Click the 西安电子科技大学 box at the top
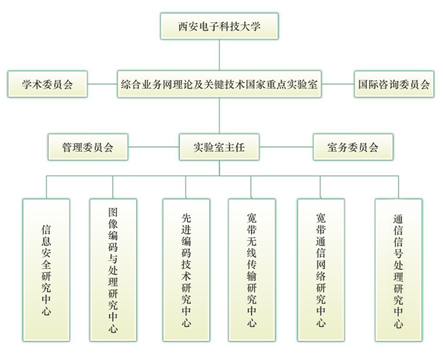(219, 27)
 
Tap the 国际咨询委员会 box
(394, 83)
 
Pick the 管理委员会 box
(88, 147)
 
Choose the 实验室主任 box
(219, 147)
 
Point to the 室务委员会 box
(353, 147)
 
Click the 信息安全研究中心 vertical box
(46, 269)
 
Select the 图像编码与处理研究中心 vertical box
(113, 269)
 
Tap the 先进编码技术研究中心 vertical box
(186, 269)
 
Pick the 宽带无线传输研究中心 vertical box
(252, 269)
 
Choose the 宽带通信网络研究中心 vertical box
(320, 269)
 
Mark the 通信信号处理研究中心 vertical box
(398, 269)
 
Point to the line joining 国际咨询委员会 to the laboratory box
(337, 83)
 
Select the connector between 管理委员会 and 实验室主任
(154, 147)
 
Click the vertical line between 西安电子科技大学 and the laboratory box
(219, 54)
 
